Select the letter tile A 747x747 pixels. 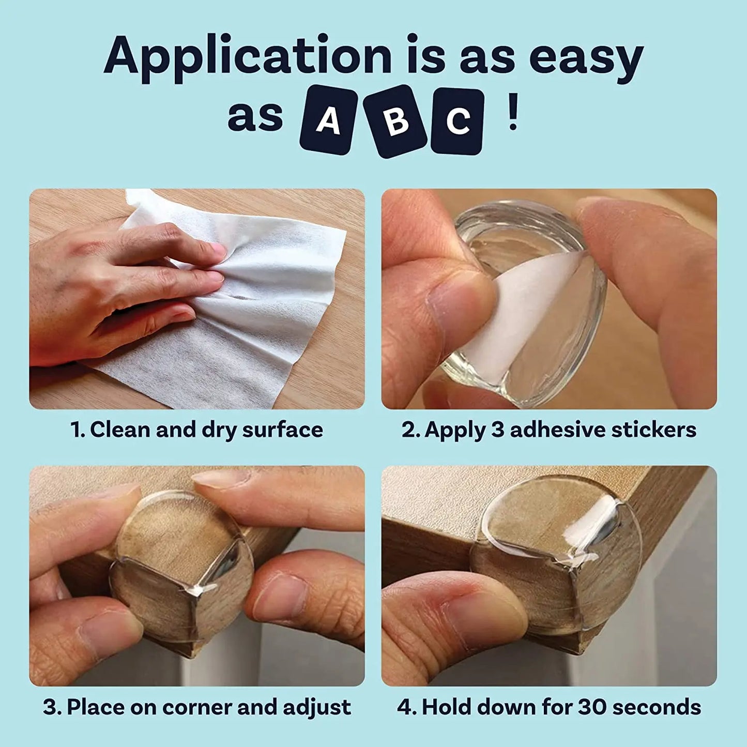(x=328, y=120)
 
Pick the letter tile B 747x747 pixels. (x=395, y=121)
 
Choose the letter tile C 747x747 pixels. (x=458, y=121)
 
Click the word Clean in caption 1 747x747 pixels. (x=121, y=430)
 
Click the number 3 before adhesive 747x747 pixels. (x=497, y=430)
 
